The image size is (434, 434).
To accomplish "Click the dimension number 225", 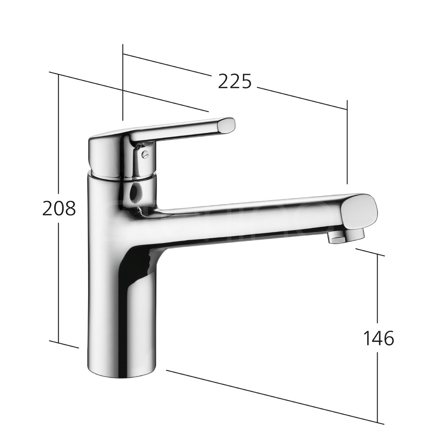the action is (x=235, y=81).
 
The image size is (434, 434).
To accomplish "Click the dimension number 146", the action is (x=378, y=338).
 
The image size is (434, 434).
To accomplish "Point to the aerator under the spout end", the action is (x=345, y=237).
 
